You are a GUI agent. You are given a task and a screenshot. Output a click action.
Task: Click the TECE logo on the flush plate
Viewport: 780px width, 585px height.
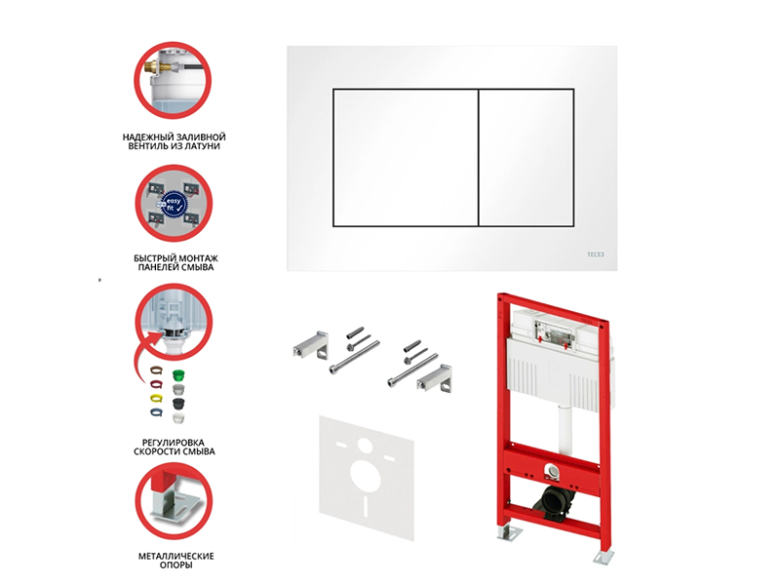(595, 254)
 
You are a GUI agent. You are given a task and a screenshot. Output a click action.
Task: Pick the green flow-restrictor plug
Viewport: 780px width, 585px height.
(178, 375)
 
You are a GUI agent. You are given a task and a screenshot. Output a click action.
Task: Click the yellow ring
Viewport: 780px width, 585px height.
(156, 399)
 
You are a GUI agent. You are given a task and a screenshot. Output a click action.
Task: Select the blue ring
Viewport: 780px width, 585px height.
(156, 412)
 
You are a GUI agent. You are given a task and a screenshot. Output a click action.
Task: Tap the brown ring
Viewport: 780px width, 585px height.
(156, 370)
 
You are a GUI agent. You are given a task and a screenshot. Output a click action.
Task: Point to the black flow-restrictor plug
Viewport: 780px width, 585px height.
(178, 403)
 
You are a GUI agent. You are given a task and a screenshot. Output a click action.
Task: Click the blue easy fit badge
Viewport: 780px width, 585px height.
(173, 205)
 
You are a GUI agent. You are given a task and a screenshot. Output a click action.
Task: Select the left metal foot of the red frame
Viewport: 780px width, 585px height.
(506, 532)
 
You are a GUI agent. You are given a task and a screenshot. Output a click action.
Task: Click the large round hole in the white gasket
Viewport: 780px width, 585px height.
(366, 474)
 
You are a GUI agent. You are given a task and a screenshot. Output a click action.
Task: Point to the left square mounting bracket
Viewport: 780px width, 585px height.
(309, 345)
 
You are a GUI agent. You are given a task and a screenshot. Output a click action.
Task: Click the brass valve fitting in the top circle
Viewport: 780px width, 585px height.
(158, 67)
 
